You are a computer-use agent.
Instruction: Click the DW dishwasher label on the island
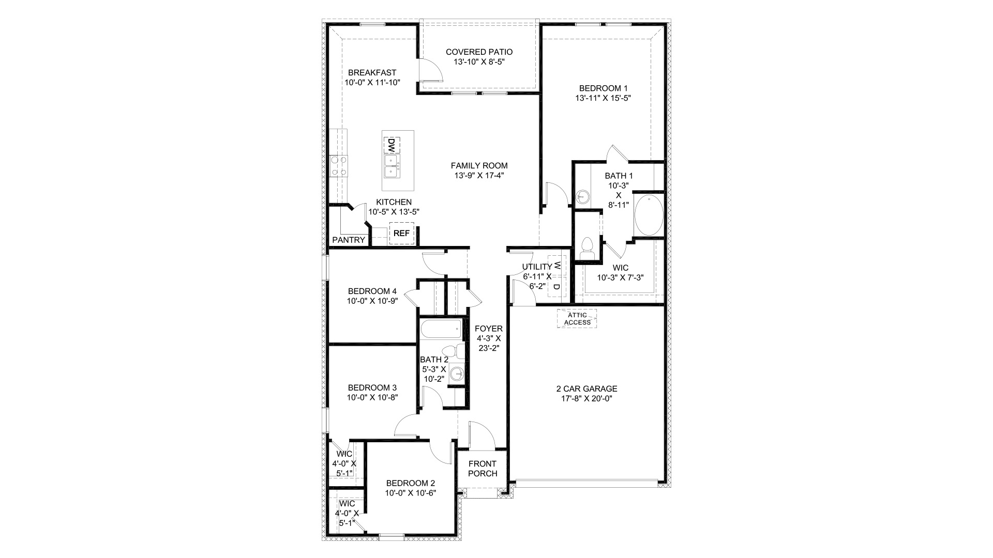tap(392, 145)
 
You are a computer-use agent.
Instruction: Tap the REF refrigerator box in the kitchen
tap(401, 234)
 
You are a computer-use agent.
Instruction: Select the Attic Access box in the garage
tap(577, 318)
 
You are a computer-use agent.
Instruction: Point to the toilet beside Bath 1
tap(588, 248)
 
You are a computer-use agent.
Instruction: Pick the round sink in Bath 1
tap(582, 196)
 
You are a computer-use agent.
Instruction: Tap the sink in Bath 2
tap(456, 373)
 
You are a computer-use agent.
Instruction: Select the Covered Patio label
tap(479, 52)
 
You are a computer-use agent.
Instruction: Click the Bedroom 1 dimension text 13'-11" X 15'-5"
tap(603, 98)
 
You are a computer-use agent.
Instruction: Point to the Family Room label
tap(479, 166)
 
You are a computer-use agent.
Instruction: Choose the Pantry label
tap(349, 240)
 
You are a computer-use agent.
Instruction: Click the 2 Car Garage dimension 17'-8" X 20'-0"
tap(586, 398)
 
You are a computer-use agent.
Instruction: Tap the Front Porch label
tap(483, 469)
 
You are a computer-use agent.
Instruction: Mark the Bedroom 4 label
tap(372, 291)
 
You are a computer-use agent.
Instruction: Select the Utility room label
tap(537, 267)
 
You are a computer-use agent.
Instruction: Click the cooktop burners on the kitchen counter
tap(339, 166)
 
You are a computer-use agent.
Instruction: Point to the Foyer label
tap(489, 329)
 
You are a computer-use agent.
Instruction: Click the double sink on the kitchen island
tap(392, 165)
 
